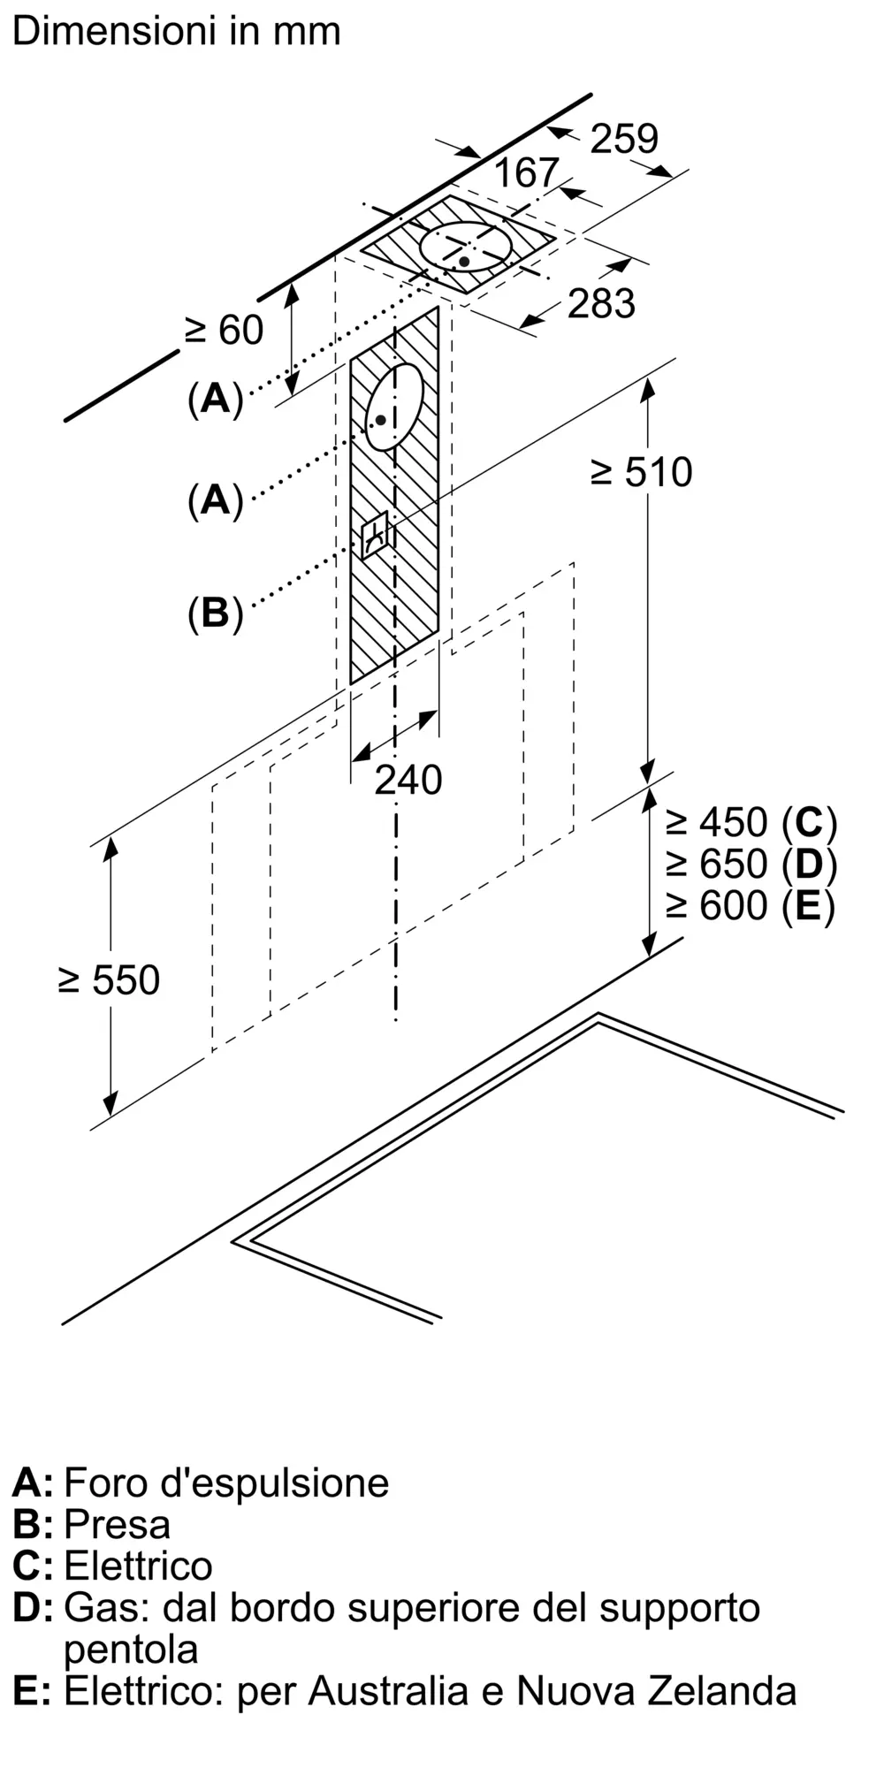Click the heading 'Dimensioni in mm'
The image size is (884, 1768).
pyautogui.click(x=176, y=31)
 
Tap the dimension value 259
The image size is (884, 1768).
pyautogui.click(x=624, y=139)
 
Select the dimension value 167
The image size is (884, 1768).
pyautogui.click(x=526, y=172)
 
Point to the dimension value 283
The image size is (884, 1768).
pyautogui.click(x=601, y=303)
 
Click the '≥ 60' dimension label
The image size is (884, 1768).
pyautogui.click(x=224, y=330)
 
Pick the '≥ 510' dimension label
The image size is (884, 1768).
pyautogui.click(x=641, y=472)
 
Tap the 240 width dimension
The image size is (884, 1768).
pyautogui.click(x=408, y=780)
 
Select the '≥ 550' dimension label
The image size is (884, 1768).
pyautogui.click(x=109, y=980)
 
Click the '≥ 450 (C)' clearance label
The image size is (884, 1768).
pyautogui.click(x=751, y=823)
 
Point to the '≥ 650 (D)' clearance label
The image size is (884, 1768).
pyautogui.click(x=751, y=865)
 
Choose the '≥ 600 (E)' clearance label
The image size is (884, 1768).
pyautogui.click(x=750, y=906)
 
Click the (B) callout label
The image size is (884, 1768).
pyautogui.click(x=215, y=613)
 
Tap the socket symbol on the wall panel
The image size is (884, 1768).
pyautogui.click(x=375, y=534)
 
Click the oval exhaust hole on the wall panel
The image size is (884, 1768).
pyautogui.click(x=394, y=407)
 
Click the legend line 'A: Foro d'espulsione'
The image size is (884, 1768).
pyautogui.click(x=201, y=1482)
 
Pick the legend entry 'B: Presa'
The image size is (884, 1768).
pyautogui.click(x=91, y=1524)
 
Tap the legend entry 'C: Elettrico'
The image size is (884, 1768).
pyautogui.click(x=112, y=1566)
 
